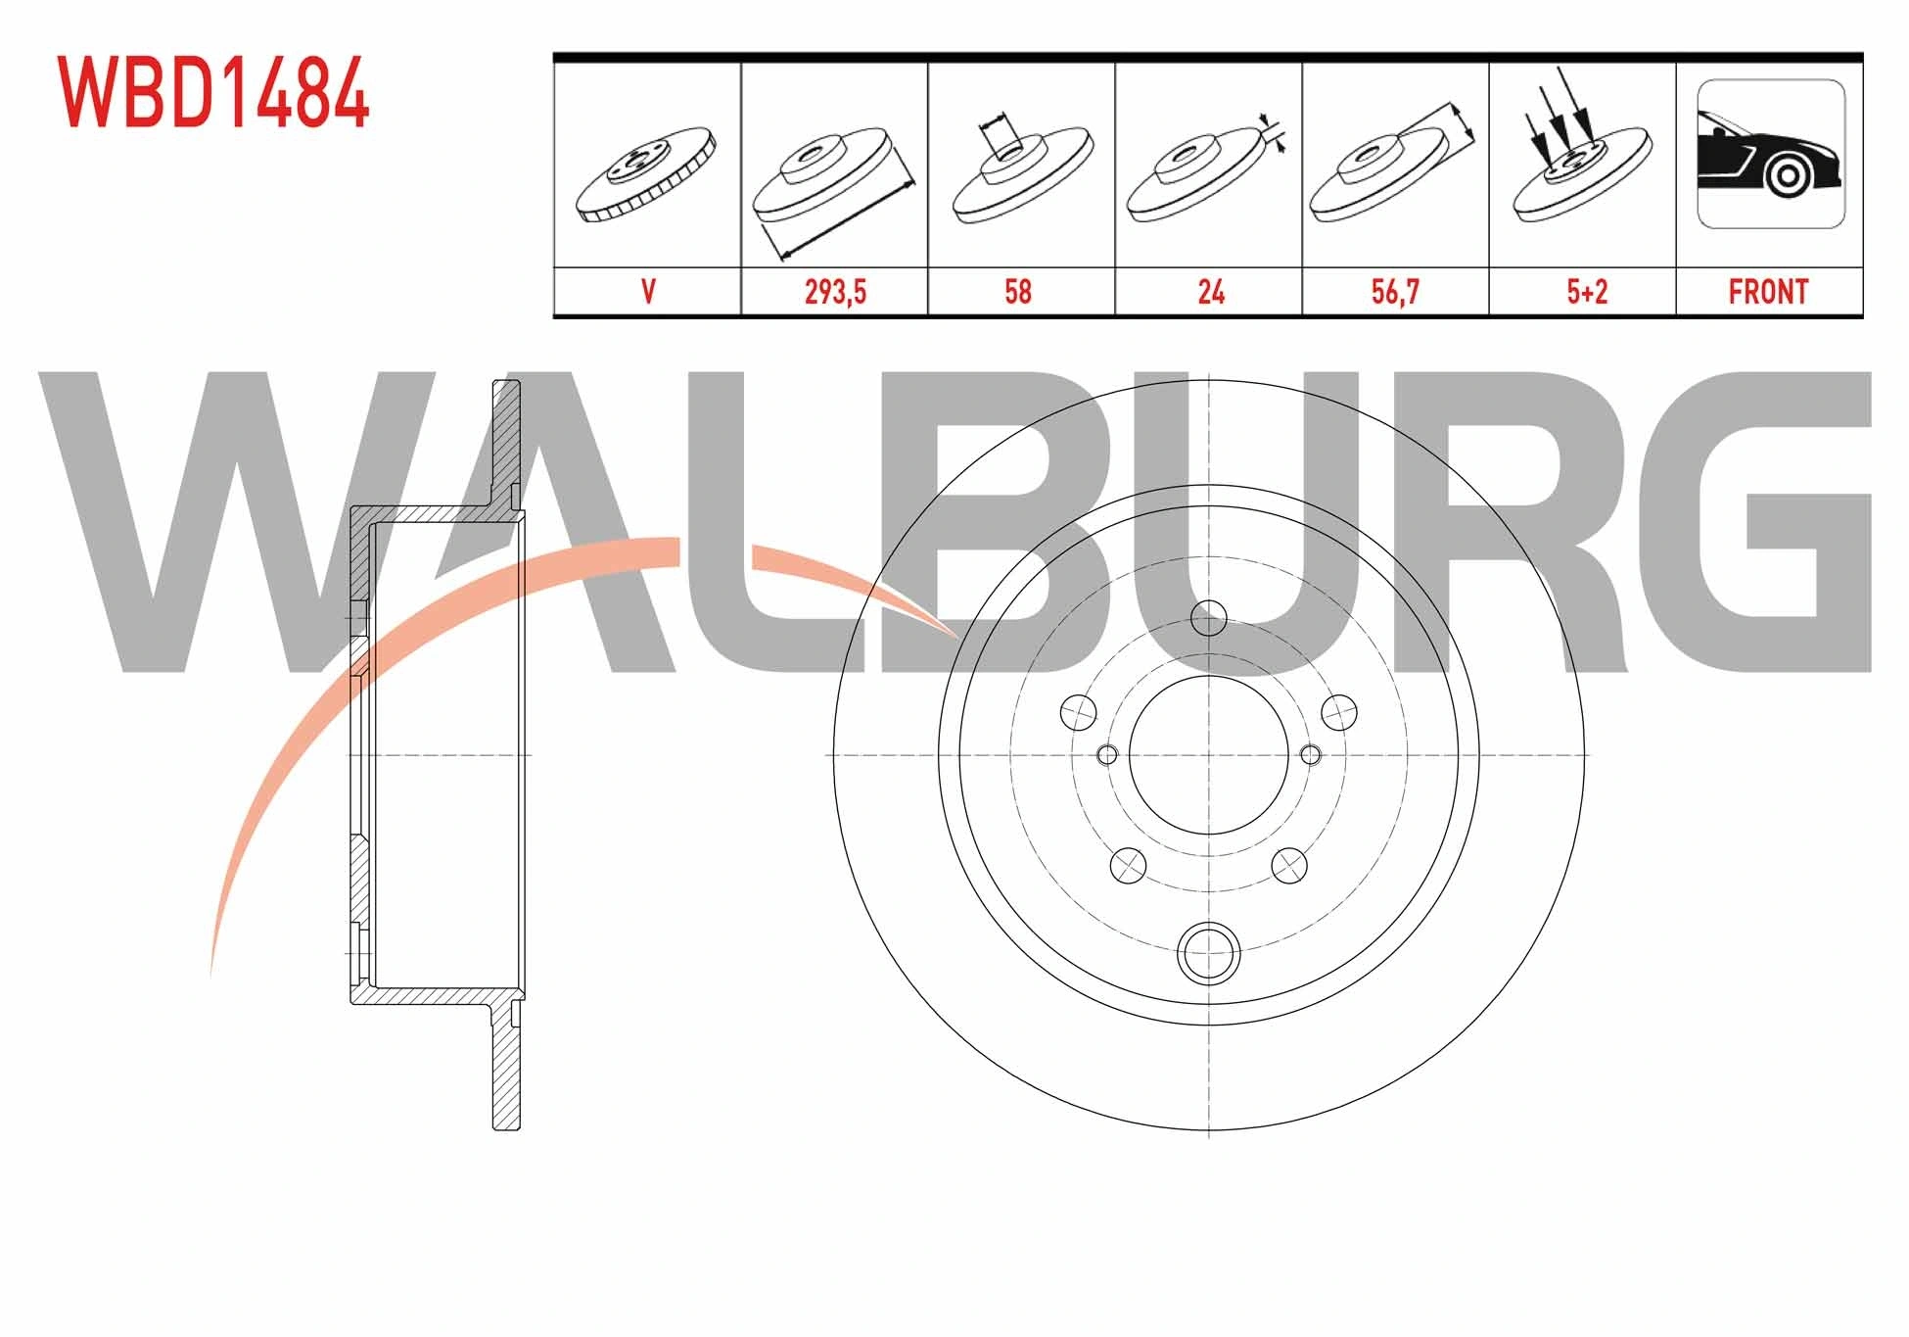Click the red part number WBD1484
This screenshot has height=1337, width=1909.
212,92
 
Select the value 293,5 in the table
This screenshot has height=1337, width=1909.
835,292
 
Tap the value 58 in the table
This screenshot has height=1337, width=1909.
1018,292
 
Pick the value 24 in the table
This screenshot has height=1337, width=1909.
1211,292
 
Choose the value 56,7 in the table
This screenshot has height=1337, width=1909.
1395,292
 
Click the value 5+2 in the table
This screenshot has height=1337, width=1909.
1587,292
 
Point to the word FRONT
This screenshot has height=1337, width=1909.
1768,292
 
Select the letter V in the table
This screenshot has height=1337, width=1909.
647,292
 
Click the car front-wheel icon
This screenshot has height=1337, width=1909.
1770,154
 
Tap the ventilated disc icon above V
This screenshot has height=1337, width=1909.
647,174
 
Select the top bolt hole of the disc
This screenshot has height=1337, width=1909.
1209,618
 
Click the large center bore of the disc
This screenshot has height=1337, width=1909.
1209,754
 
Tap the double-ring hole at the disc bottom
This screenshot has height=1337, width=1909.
1209,951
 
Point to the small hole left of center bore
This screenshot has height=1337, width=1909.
1107,754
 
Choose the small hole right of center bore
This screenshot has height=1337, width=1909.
1311,754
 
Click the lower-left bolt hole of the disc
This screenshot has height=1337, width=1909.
1129,865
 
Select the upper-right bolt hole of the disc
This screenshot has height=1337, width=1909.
1338,712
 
